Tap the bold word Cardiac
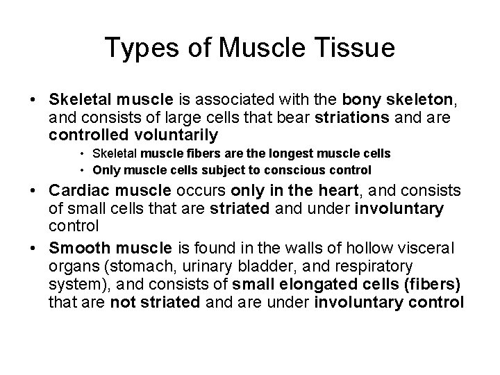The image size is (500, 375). tap(77, 192)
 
